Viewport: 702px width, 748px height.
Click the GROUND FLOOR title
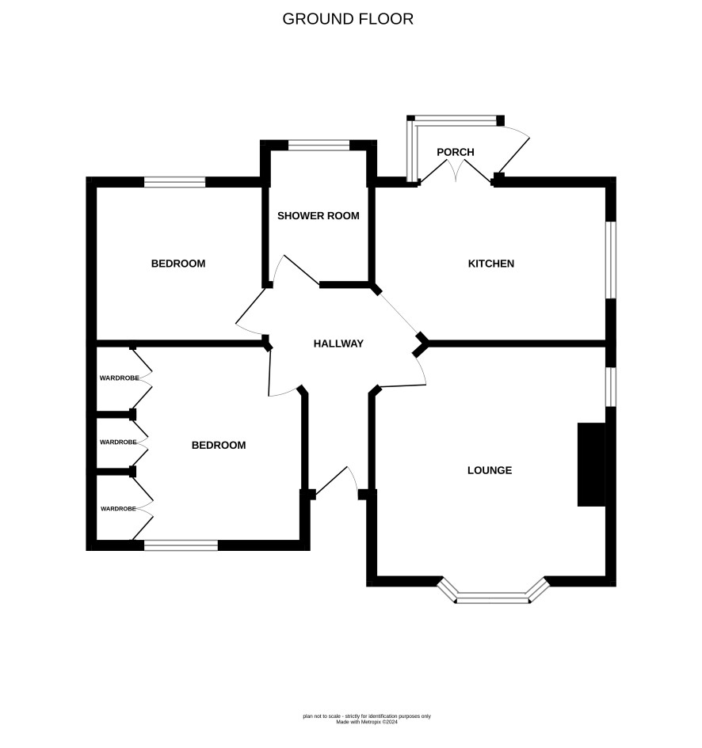click(348, 19)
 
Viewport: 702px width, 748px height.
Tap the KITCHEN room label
click(491, 264)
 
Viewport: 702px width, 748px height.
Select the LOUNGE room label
click(490, 470)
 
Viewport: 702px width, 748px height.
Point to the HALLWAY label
click(338, 344)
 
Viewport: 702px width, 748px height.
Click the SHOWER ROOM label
click(318, 215)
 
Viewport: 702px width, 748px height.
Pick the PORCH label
click(456, 152)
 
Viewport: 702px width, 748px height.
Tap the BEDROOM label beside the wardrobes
click(219, 445)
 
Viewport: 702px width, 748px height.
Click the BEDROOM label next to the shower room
click(178, 264)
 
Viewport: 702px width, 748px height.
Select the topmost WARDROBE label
click(120, 378)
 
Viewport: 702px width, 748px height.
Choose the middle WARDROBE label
click(118, 442)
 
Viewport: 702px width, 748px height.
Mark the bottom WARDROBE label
click(118, 509)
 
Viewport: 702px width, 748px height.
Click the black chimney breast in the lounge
click(592, 464)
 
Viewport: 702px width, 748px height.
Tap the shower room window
click(319, 145)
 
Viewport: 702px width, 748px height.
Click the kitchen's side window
click(611, 260)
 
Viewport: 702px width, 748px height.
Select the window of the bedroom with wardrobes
click(181, 545)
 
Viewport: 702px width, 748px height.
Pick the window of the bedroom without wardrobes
click(175, 182)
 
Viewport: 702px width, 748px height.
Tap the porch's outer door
click(513, 149)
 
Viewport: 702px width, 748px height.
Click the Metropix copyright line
click(367, 722)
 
